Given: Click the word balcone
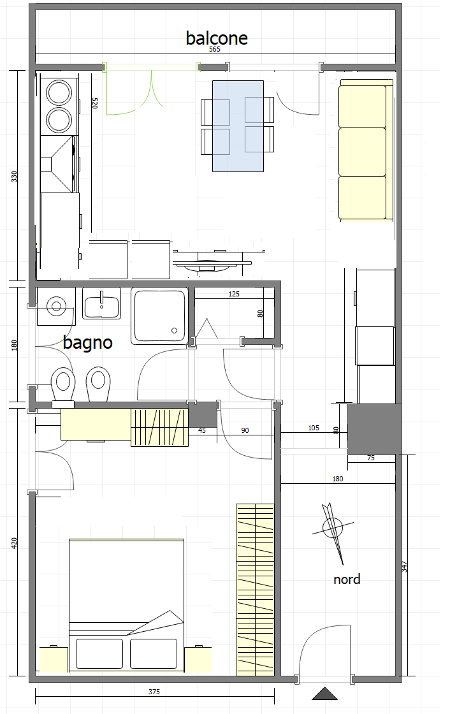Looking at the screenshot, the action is [217, 38].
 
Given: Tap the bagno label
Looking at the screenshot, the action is [87, 342].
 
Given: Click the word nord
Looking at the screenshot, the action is [347, 579].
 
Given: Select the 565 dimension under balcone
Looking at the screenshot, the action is [215, 49].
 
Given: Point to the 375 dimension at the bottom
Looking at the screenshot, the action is [154, 692].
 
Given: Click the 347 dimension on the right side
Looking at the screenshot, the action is [404, 567].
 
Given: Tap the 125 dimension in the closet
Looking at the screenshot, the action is [234, 294].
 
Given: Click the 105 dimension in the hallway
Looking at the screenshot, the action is [314, 428].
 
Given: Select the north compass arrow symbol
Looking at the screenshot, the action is [334, 528].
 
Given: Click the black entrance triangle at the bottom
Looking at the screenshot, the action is [324, 693].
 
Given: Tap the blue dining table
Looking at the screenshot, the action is [238, 126].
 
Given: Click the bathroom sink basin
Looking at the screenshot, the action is [101, 303].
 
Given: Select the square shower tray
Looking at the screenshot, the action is [160, 316].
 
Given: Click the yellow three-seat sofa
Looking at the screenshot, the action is [366, 150].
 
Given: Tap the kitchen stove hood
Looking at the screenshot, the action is [58, 164].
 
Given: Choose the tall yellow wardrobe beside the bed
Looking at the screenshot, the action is [255, 590].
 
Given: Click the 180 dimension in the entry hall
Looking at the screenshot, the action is [338, 479].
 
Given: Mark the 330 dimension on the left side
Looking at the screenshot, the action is [13, 177].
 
